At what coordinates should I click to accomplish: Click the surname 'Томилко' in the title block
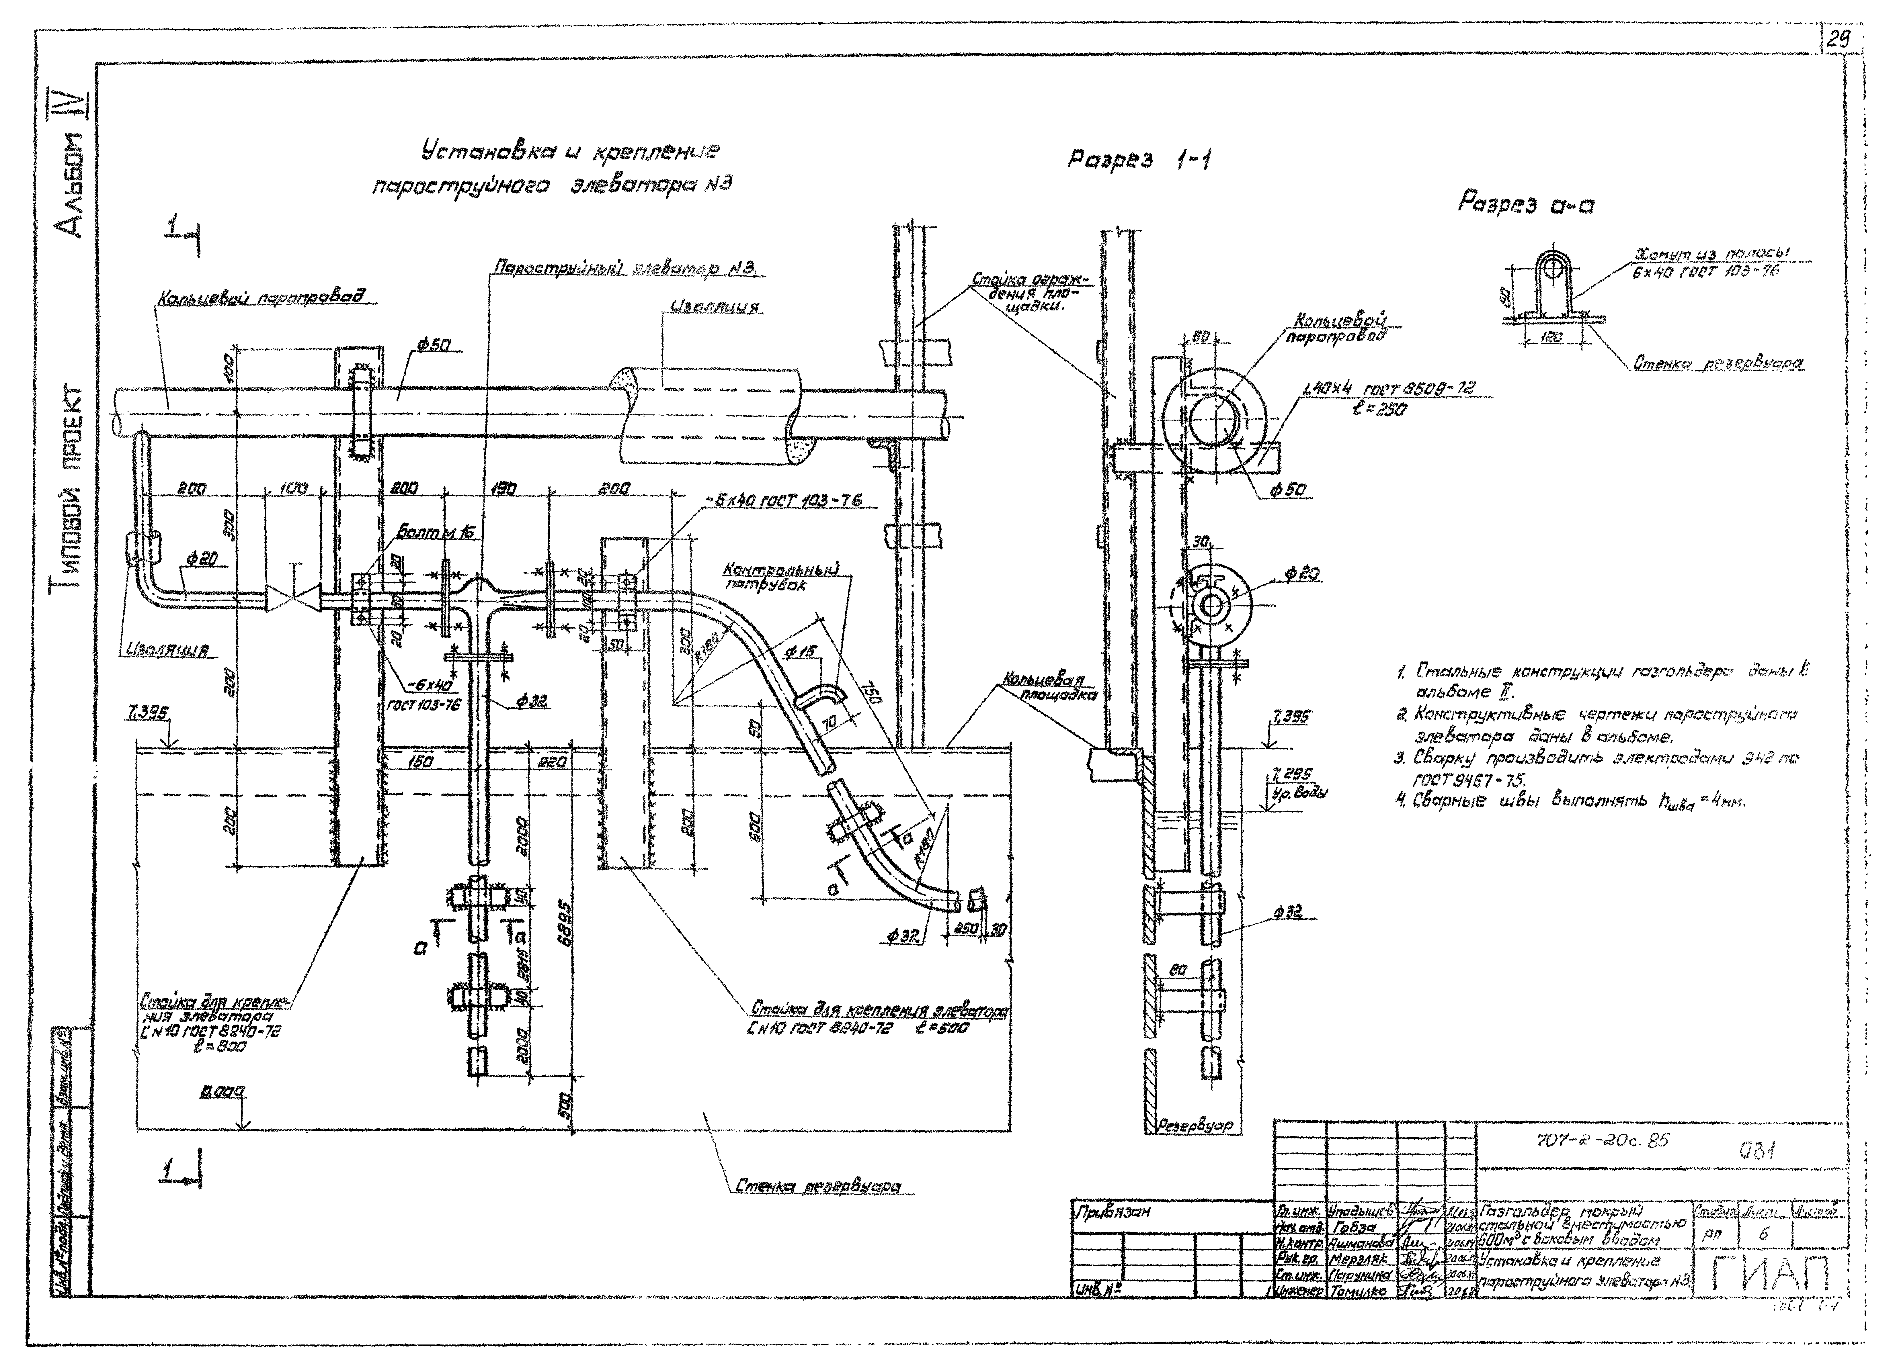(x=1361, y=1292)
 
